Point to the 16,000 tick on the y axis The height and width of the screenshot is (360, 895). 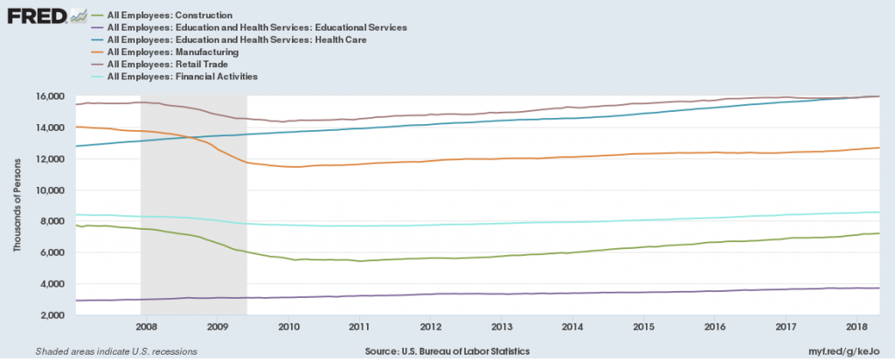tap(52, 96)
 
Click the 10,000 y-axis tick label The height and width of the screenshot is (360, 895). tap(52, 190)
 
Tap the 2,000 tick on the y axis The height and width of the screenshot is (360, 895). tap(55, 315)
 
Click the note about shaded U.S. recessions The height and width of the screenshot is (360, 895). tap(116, 350)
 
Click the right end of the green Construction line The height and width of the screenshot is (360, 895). tap(878, 233)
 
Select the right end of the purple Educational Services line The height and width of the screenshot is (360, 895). tap(878, 288)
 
